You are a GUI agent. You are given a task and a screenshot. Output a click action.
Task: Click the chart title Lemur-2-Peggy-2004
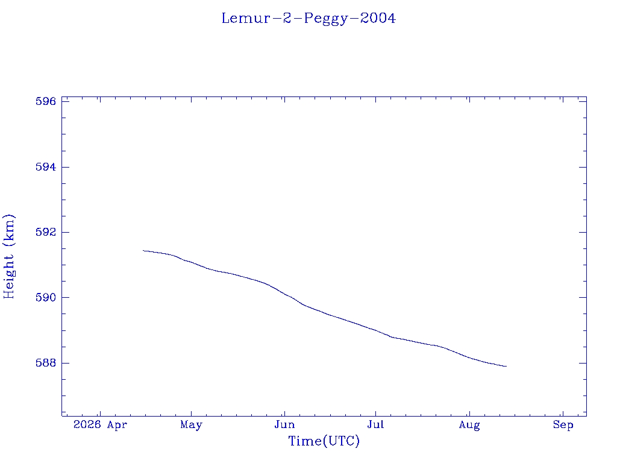(308, 19)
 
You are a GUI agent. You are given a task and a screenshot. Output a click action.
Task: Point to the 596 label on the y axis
(46, 101)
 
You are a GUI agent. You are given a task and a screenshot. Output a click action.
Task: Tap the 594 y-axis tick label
(46, 167)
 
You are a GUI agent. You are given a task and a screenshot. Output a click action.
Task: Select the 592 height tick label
(46, 232)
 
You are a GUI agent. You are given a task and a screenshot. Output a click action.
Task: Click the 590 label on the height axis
(46, 298)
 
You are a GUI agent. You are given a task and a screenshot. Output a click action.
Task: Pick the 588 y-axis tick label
(46, 363)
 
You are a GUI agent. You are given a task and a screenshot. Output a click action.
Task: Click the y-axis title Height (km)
(9, 257)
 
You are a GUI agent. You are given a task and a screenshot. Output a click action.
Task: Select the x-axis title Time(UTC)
(324, 441)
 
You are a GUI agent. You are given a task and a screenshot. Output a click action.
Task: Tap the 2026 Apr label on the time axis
(101, 425)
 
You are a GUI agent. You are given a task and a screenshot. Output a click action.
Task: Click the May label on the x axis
(191, 425)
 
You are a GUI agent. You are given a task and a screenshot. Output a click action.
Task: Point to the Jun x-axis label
(284, 425)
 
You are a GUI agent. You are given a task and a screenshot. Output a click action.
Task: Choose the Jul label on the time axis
(375, 425)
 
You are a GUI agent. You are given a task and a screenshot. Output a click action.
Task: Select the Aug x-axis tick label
(469, 426)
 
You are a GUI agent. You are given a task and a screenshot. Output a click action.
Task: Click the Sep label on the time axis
(563, 425)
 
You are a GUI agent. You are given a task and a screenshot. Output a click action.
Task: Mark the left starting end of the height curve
(143, 250)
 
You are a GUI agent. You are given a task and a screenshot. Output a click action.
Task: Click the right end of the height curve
(506, 366)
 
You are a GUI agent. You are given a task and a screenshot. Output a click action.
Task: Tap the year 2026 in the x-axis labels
(87, 425)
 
